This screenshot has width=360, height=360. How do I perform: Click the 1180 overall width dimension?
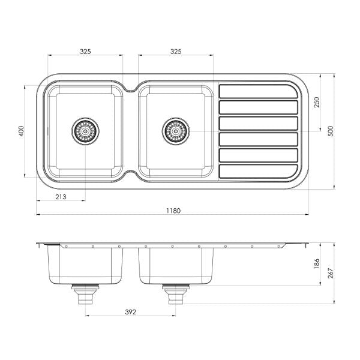[x=173, y=211]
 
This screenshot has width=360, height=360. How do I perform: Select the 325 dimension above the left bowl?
[x=85, y=52]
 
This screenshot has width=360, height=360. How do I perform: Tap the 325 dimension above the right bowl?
[x=176, y=52]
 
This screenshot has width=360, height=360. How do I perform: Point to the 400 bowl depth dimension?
[x=21, y=131]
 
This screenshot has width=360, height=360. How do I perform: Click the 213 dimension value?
[x=60, y=197]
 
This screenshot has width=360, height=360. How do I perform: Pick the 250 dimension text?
[x=316, y=103]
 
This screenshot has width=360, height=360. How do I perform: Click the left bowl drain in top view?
[x=85, y=130]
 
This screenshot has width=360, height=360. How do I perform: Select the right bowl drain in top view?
[x=175, y=130]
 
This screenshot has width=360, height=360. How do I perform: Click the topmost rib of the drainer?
[x=258, y=91]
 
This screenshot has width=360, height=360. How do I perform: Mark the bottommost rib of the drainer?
[x=258, y=172]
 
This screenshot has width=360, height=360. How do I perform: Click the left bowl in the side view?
[x=85, y=264]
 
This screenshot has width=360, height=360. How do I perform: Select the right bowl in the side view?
[x=176, y=264]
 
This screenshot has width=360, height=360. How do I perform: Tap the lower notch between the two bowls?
[x=130, y=175]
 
